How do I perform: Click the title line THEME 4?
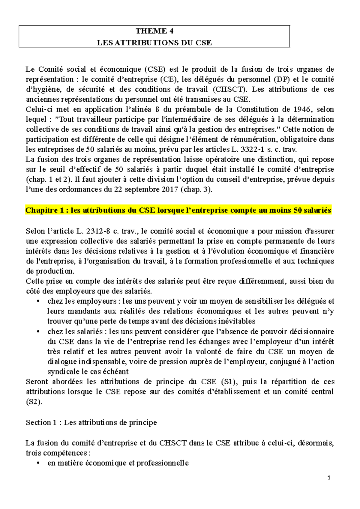(x=154, y=31)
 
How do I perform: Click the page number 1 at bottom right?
(x=329, y=478)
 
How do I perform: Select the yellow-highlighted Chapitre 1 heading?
(x=178, y=210)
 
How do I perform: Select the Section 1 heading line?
(x=91, y=423)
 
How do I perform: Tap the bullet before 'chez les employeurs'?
(x=38, y=302)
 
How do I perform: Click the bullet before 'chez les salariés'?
(x=38, y=332)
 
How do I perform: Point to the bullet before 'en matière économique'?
(x=38, y=463)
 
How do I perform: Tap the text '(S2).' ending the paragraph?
(x=34, y=402)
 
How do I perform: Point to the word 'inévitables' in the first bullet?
(x=237, y=321)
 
